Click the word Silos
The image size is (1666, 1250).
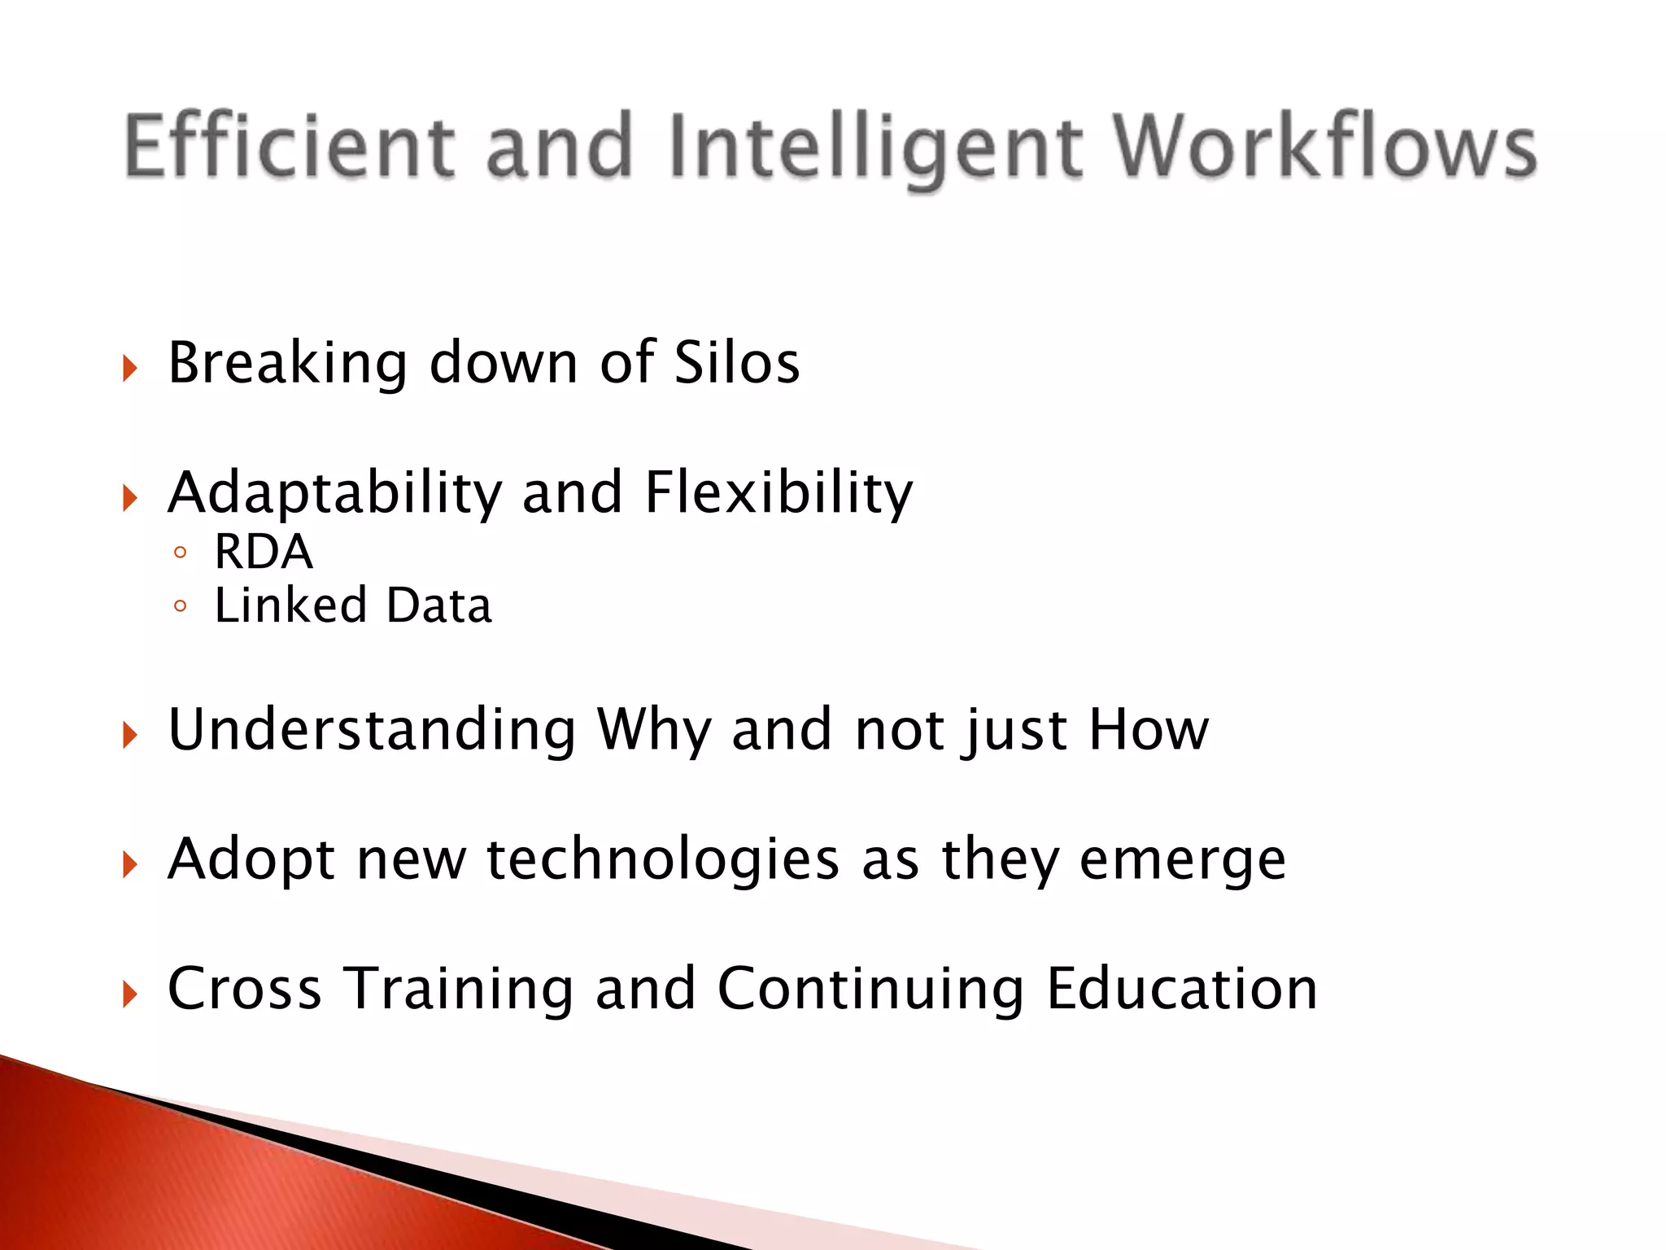pyautogui.click(x=737, y=362)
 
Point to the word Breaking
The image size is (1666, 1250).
pyautogui.click(x=287, y=363)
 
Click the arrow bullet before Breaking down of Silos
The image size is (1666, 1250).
pyautogui.click(x=130, y=368)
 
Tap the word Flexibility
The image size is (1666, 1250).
pyautogui.click(x=778, y=492)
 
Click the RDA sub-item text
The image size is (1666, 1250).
pyautogui.click(x=263, y=552)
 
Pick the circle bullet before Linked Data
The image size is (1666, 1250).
pyautogui.click(x=181, y=606)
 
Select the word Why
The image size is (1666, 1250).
pyautogui.click(x=654, y=730)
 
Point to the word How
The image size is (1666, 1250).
pyautogui.click(x=1149, y=729)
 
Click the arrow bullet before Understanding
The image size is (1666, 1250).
pyautogui.click(x=130, y=735)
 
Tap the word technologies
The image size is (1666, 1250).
pyautogui.click(x=662, y=859)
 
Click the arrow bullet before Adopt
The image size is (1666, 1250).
pyautogui.click(x=130, y=864)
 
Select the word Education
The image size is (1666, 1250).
pyautogui.click(x=1181, y=989)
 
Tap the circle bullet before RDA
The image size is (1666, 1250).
pyautogui.click(x=181, y=553)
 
